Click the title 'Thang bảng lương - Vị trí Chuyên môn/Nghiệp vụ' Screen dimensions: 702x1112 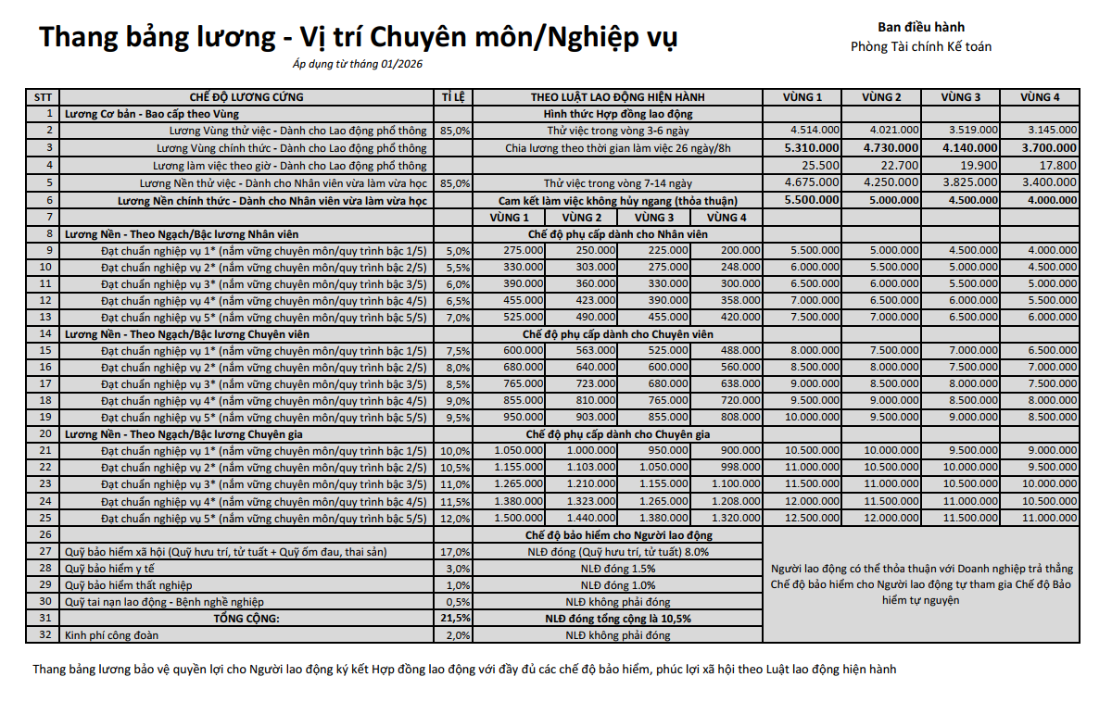(x=358, y=37)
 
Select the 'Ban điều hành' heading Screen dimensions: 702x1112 (x=921, y=27)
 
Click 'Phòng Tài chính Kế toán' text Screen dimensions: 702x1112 (x=921, y=46)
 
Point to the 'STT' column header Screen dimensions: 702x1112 (x=43, y=97)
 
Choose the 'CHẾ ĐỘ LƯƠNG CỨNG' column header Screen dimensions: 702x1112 (x=246, y=97)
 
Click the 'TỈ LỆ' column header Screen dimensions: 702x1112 (x=454, y=97)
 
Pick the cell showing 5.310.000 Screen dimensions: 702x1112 (x=812, y=148)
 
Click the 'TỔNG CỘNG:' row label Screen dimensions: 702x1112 (x=246, y=618)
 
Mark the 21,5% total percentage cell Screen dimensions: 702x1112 (x=455, y=618)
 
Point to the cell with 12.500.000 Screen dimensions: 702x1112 (x=812, y=518)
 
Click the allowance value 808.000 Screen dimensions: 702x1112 (x=740, y=418)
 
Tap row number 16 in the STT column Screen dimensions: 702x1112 (x=43, y=367)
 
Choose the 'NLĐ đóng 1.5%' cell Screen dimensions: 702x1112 (x=618, y=568)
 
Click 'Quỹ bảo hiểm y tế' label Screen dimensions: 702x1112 (x=108, y=568)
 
